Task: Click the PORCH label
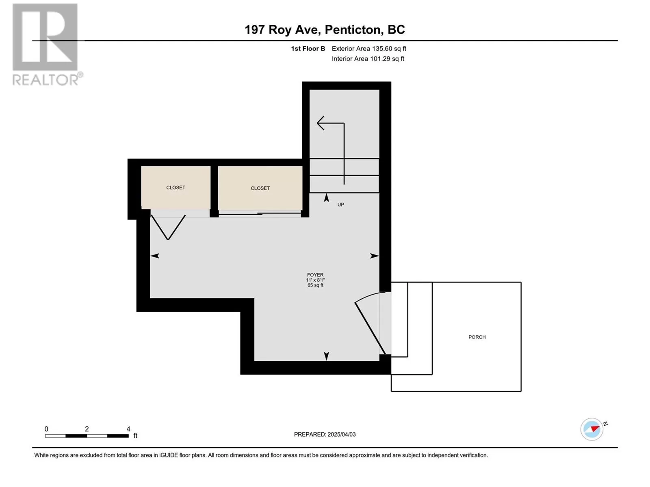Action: tap(477, 337)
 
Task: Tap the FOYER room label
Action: tap(315, 275)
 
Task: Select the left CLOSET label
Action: tap(175, 187)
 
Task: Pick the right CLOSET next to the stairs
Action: tap(260, 188)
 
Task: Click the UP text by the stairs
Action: tap(340, 205)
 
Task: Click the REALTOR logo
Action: tap(48, 45)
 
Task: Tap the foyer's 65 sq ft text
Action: tap(315, 285)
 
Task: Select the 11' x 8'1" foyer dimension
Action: tap(315, 280)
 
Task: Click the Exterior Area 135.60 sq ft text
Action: tap(369, 48)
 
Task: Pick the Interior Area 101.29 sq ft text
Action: tap(368, 58)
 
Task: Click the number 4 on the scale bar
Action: tap(128, 429)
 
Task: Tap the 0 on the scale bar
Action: tap(46, 429)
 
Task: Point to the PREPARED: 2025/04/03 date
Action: tap(325, 434)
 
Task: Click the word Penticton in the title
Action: tap(352, 30)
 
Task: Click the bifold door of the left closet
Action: tap(168, 227)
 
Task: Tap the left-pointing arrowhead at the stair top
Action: tap(321, 123)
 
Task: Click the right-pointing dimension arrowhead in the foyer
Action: tap(375, 256)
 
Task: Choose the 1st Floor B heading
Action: tap(308, 48)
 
